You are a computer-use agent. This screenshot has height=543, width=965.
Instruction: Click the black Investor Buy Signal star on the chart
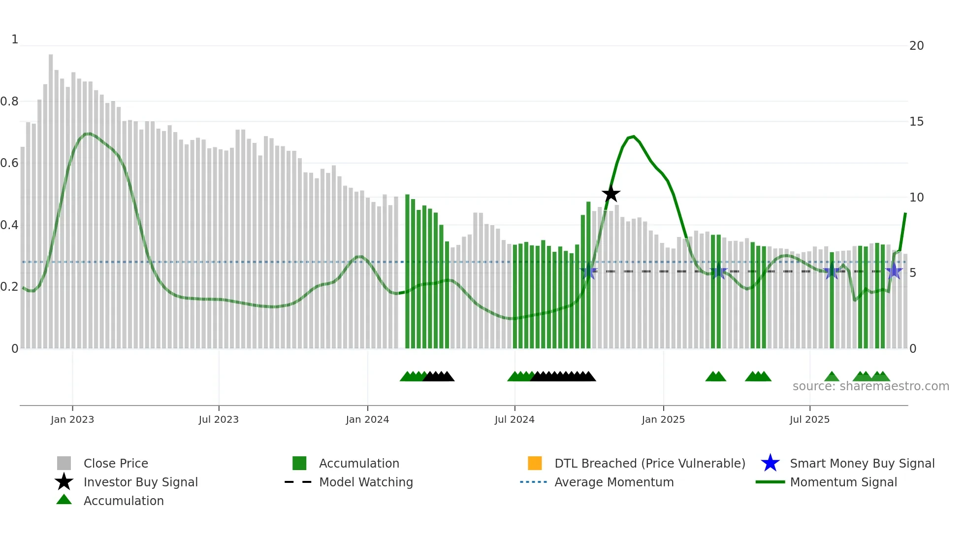point(611,194)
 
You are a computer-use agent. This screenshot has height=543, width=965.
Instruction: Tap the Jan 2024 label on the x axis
point(367,419)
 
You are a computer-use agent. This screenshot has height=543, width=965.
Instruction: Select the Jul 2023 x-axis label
point(219,419)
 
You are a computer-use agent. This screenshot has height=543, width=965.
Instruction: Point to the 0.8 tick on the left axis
point(9,102)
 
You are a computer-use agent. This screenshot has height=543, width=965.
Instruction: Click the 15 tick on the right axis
point(916,122)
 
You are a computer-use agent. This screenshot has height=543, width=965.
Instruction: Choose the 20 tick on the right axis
point(916,46)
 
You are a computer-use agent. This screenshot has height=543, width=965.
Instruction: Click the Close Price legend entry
point(115,463)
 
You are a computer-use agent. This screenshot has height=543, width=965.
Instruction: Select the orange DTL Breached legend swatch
point(535,463)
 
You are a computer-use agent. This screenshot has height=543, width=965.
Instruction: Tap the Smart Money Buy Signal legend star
point(770,463)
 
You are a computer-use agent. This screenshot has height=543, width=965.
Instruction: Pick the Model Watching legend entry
point(365,482)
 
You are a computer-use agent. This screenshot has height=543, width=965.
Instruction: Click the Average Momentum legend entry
point(613,482)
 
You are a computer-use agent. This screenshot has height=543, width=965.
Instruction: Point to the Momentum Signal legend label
point(843,482)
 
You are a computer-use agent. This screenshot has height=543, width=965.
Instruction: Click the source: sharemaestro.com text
point(870,386)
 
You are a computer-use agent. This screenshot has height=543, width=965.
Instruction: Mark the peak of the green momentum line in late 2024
point(634,136)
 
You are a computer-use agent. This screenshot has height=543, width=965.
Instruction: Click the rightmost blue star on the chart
point(894,271)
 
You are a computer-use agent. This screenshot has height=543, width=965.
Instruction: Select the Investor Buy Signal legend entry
point(140,482)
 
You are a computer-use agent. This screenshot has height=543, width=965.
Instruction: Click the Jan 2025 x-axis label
point(663,419)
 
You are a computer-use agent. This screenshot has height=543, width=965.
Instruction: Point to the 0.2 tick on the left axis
point(9,287)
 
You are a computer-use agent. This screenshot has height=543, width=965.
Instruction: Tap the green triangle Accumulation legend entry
point(123,501)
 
